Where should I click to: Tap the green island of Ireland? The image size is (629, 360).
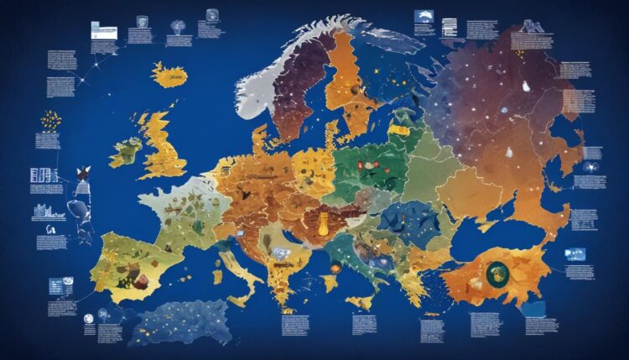pyautogui.click(x=126, y=151)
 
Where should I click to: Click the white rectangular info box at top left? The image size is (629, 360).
pyautogui.click(x=103, y=32)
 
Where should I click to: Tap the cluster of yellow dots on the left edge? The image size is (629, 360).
pyautogui.click(x=49, y=119)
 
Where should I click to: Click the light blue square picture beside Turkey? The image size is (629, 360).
pyautogui.click(x=575, y=253)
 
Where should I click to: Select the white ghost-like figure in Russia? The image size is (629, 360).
pyautogui.click(x=526, y=86)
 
